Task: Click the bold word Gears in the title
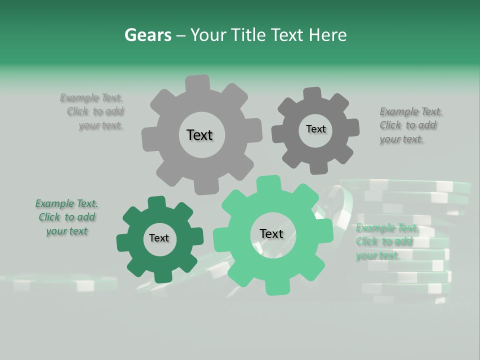147,35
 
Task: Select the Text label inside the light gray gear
199,135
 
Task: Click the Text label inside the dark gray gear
315,129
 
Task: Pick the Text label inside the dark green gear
159,238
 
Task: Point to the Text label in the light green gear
271,233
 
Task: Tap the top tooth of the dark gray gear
312,94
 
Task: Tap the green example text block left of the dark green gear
66,217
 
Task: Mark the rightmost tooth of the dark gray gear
352,127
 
